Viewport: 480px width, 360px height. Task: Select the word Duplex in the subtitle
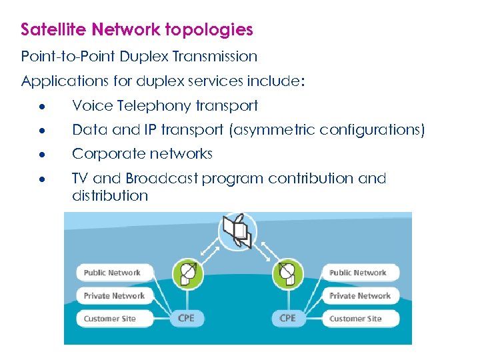[147, 57]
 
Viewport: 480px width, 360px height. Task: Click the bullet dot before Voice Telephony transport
[41, 107]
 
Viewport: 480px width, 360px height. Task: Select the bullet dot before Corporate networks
[41, 155]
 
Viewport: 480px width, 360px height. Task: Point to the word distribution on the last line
[110, 196]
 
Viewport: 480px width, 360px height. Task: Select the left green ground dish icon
[187, 273]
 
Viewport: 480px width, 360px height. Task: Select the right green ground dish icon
[288, 273]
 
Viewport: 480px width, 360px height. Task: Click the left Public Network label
[113, 273]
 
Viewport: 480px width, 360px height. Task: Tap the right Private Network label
[360, 296]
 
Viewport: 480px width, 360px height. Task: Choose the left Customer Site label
[110, 319]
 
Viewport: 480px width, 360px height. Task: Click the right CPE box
[288, 319]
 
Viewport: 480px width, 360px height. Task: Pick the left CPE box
[187, 319]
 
